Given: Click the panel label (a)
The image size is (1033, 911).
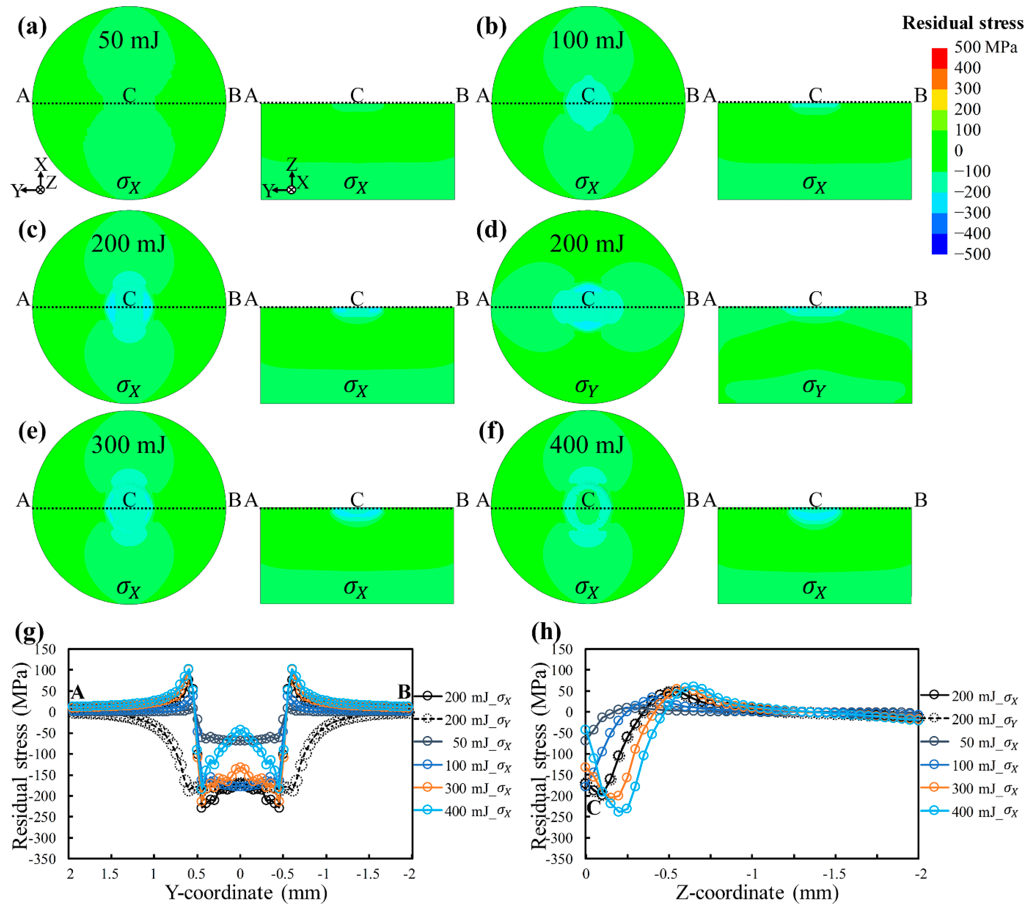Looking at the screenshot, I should coord(32,27).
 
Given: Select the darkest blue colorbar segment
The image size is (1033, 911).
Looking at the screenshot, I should coord(939,244).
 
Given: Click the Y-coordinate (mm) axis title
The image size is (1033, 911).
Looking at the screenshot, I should coord(246,893).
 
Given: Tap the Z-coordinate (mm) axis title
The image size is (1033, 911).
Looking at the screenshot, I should coord(757,893).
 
